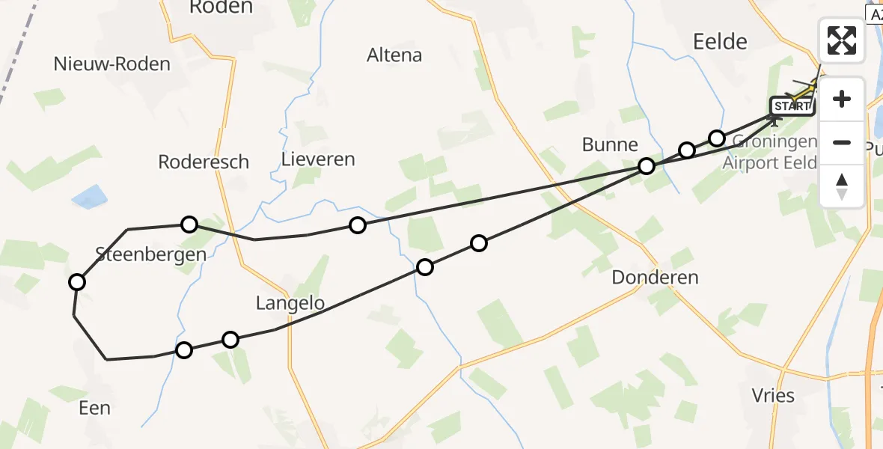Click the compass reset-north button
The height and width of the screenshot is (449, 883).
[842, 186]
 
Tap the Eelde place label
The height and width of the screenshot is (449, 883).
[719, 41]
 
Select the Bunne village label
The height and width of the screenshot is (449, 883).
[611, 144]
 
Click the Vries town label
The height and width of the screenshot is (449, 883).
[773, 395]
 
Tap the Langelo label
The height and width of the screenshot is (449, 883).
[290, 303]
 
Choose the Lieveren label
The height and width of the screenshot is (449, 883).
[318, 159]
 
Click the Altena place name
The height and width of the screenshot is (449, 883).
[394, 55]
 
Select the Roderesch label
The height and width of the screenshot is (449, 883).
[204, 162]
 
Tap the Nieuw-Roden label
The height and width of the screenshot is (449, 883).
[112, 64]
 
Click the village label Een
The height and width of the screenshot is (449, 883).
[94, 408]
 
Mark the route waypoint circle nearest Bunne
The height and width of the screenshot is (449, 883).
[647, 166]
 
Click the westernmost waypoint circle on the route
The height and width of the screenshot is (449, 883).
[77, 282]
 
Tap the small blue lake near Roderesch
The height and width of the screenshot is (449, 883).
[89, 198]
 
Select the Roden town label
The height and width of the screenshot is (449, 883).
[221, 7]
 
